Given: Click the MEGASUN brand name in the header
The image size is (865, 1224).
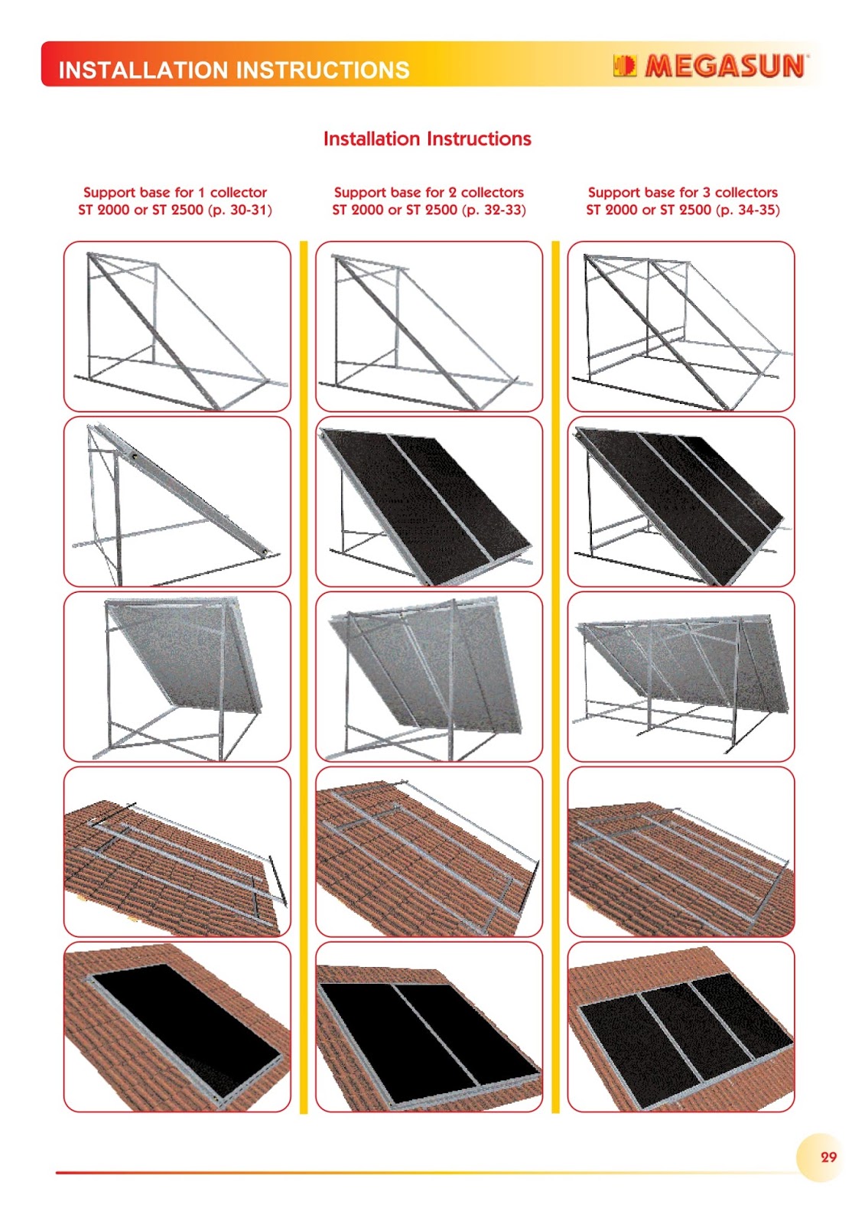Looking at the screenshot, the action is [x=724, y=66].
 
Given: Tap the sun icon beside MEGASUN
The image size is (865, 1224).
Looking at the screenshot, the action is [x=625, y=66].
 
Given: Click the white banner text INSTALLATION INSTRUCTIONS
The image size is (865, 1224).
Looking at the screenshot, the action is [x=234, y=70].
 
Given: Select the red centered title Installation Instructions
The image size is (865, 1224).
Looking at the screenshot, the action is [x=428, y=138].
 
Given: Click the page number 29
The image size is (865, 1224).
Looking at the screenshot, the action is [x=828, y=1157].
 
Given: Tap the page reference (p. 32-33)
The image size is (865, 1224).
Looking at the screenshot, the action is [x=494, y=210].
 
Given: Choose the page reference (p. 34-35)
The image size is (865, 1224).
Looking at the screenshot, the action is [x=747, y=210].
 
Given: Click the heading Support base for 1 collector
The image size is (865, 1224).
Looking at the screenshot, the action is [x=175, y=192].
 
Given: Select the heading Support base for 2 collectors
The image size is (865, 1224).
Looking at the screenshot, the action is [x=429, y=192].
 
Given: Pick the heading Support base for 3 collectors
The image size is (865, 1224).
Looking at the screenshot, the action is [x=682, y=192].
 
